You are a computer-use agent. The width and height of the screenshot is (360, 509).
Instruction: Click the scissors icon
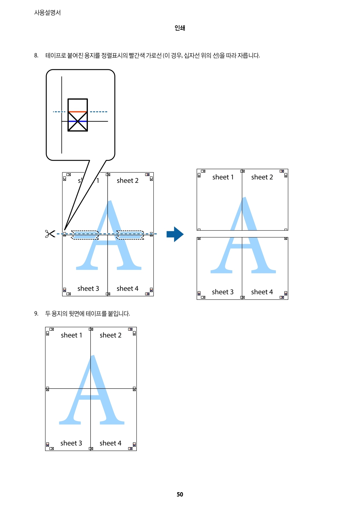click(50, 234)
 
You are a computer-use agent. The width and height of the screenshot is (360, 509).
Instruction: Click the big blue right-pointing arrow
click(175, 234)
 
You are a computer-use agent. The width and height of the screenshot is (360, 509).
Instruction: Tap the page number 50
click(180, 494)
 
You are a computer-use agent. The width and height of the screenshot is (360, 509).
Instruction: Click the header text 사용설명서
click(47, 12)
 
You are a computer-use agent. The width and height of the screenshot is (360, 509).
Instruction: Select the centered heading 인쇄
click(180, 28)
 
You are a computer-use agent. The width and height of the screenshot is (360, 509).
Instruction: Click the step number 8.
click(36, 55)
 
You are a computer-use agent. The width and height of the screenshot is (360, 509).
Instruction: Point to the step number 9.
click(36, 314)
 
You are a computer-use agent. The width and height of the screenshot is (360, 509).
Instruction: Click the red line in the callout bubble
click(77, 112)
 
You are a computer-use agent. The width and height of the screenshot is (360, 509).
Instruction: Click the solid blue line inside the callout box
click(77, 121)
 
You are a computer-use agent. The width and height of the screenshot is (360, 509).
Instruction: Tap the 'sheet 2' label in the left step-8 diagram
click(127, 181)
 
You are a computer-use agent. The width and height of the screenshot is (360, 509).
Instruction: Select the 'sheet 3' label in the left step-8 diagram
click(88, 289)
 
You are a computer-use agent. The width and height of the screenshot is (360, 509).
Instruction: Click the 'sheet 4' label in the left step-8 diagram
click(127, 289)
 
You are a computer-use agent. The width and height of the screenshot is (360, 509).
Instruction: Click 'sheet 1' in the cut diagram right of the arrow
click(223, 177)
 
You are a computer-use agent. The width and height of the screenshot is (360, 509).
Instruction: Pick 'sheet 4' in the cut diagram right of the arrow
click(262, 292)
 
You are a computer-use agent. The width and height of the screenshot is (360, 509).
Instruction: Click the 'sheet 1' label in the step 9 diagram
click(71, 335)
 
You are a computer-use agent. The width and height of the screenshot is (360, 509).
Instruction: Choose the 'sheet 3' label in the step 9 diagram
click(71, 443)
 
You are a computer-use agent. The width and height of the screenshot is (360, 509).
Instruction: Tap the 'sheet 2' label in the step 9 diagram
click(111, 335)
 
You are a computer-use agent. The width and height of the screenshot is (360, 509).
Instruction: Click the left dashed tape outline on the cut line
click(85, 235)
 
